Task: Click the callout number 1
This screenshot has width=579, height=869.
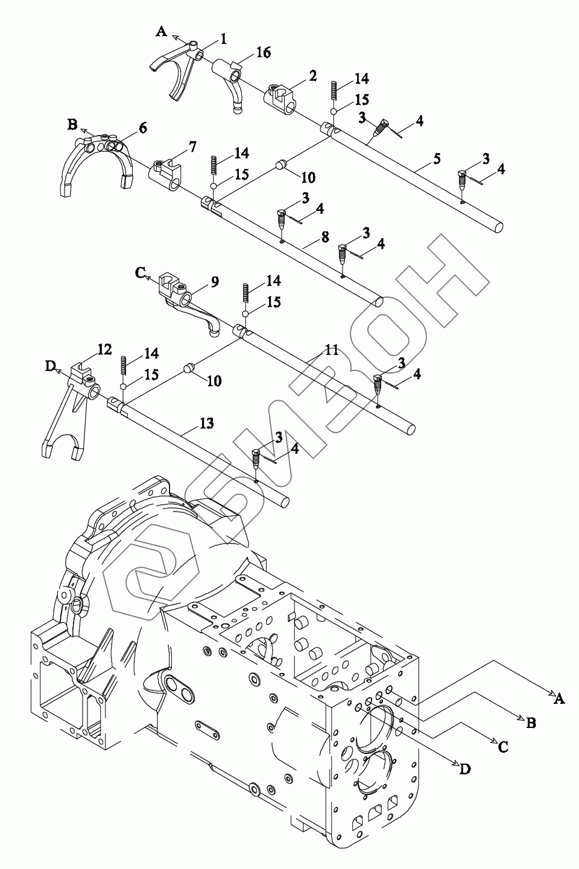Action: [223, 39]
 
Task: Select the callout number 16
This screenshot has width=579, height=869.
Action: [263, 52]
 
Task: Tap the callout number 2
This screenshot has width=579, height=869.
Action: [312, 75]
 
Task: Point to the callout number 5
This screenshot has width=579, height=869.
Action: [436, 159]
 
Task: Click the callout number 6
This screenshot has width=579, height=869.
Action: [142, 128]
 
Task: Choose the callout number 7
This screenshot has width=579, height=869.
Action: [192, 146]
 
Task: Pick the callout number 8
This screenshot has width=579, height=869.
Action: [324, 237]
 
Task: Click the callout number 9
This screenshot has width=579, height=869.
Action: [214, 281]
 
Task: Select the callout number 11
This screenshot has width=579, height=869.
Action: [331, 350]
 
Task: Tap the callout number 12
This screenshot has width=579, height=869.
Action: [104, 349]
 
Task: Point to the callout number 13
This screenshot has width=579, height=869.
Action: [206, 424]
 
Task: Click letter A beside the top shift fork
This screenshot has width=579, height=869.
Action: [161, 31]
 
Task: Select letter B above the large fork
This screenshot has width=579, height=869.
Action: [72, 125]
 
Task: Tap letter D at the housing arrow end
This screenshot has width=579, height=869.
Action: [464, 768]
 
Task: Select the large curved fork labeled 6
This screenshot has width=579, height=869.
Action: [96, 163]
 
